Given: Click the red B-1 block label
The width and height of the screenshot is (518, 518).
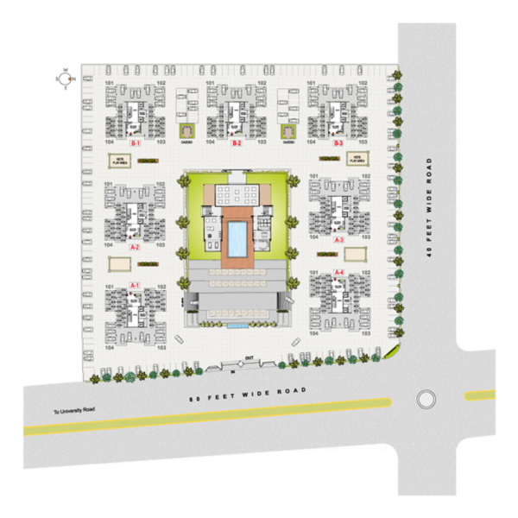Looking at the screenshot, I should (135, 142).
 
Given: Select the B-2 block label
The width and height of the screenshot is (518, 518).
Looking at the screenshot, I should (235, 142).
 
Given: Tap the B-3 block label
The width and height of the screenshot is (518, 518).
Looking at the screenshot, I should (338, 142).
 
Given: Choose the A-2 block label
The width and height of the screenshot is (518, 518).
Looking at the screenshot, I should (135, 247).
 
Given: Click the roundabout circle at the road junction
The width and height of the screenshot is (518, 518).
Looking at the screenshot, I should (425, 399).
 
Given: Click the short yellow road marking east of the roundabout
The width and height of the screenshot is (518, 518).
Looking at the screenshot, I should (480, 395).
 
